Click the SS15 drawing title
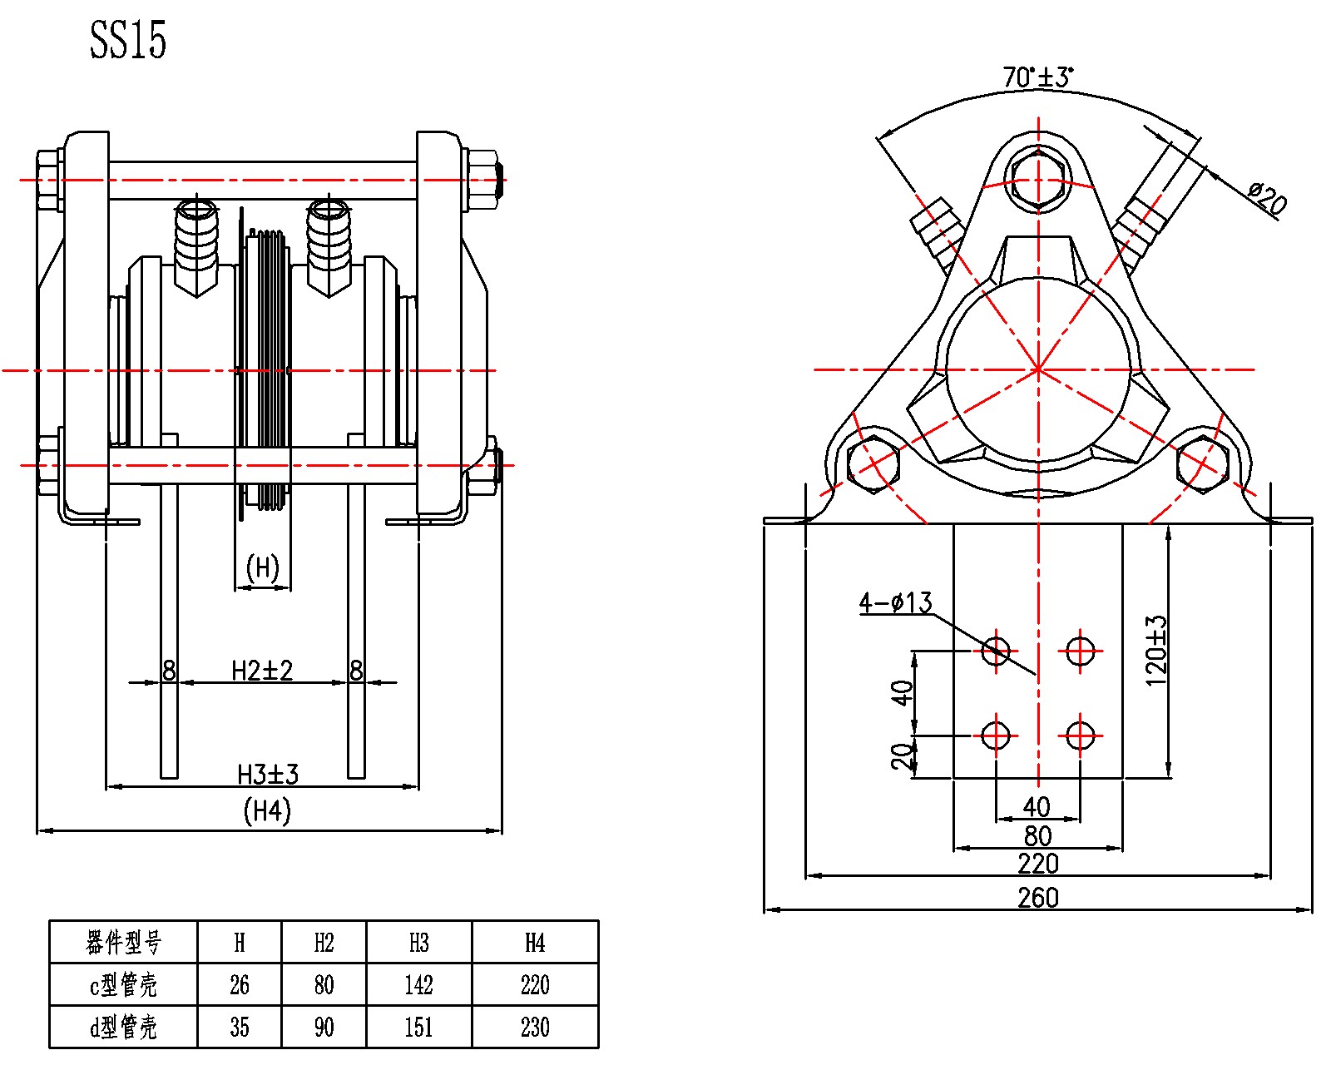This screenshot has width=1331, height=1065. pyautogui.click(x=128, y=39)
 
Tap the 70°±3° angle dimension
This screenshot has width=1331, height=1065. pyautogui.click(x=1037, y=77)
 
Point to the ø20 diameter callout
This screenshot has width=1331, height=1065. pyautogui.click(x=1267, y=197)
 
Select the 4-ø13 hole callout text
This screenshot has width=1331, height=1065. pyautogui.click(x=895, y=602)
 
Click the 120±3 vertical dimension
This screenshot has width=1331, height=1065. pyautogui.click(x=1156, y=651)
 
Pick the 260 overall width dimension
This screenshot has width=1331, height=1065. pyautogui.click(x=1037, y=898)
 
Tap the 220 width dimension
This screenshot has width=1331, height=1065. pyautogui.click(x=1037, y=864)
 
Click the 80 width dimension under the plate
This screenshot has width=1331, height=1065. pyautogui.click(x=1037, y=835)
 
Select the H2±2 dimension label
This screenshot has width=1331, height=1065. pyautogui.click(x=262, y=671)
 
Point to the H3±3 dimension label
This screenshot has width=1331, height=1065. pyautogui.click(x=267, y=775)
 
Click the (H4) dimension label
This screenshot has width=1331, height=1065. pyautogui.click(x=267, y=810)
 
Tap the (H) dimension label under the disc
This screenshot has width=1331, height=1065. pyautogui.click(x=263, y=567)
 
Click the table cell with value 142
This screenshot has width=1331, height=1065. pyautogui.click(x=418, y=985)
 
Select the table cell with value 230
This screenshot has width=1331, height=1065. pyautogui.click(x=535, y=1028)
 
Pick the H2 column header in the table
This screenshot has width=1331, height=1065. pyautogui.click(x=324, y=943)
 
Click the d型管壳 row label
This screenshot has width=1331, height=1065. pyautogui.click(x=123, y=1028)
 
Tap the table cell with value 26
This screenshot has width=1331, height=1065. pyautogui.click(x=240, y=985)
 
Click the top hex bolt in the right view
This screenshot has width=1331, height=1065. pyautogui.click(x=1037, y=180)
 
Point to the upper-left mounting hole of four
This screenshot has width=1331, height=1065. pyautogui.click(x=996, y=650)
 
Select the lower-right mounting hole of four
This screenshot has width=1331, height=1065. pyautogui.click(x=1080, y=736)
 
